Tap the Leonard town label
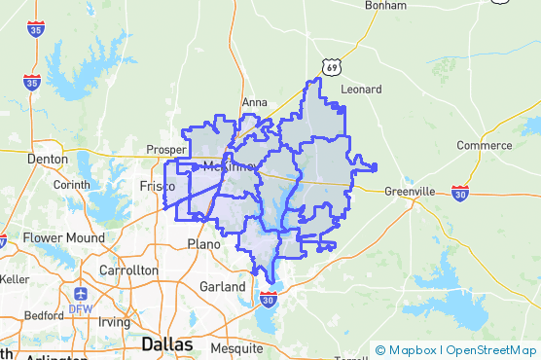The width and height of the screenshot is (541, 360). (361, 89)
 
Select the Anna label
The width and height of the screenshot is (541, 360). (254, 101)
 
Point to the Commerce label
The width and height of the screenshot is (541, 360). (484, 145)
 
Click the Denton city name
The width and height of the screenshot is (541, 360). (48, 158)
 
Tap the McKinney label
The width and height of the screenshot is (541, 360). (230, 166)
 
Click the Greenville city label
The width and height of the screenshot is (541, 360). (410, 191)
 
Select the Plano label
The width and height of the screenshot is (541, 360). (204, 243)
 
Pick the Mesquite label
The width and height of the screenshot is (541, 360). (236, 347)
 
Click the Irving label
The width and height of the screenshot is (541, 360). (113, 321)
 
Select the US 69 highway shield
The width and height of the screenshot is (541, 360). (334, 66)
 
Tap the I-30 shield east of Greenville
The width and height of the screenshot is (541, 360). (459, 193)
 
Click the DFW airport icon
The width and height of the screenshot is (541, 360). (79, 293)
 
